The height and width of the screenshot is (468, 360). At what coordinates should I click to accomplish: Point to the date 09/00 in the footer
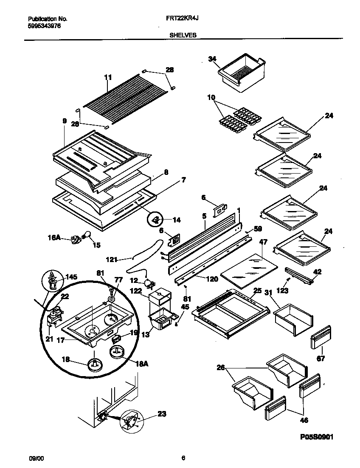36,458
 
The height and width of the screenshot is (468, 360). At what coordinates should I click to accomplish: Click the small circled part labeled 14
155,220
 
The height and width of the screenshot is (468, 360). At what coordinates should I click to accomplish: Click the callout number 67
321,358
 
